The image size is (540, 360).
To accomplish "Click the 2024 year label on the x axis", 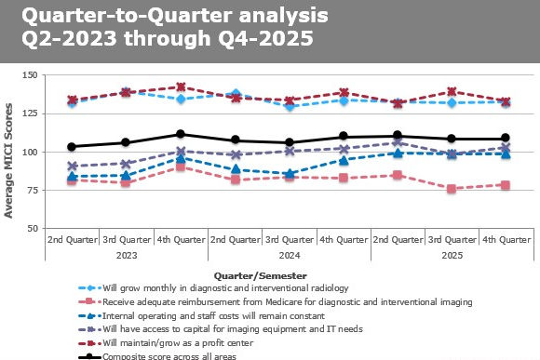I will click(x=289, y=254).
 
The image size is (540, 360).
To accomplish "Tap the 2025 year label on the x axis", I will click(x=452, y=254).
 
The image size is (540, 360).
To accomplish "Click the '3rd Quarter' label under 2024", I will click(x=289, y=239).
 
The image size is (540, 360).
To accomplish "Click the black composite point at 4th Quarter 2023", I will click(x=180, y=134).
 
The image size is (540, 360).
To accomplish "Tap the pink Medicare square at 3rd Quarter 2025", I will click(x=452, y=189).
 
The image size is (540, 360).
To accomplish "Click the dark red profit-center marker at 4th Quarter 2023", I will click(x=180, y=87).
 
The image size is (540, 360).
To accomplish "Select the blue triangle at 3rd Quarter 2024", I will click(x=289, y=174).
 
